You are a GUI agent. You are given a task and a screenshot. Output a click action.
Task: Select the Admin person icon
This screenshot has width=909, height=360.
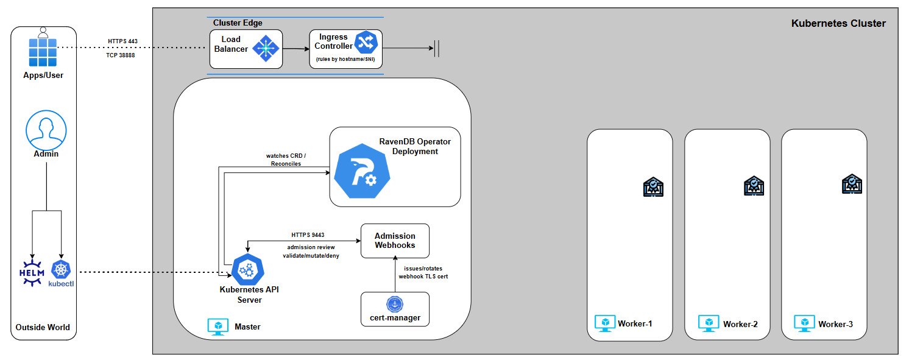(x=46, y=130)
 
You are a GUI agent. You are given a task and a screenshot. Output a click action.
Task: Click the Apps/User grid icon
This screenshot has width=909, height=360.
(x=43, y=52)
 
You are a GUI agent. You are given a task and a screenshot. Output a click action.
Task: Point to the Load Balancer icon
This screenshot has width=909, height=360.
(x=265, y=49)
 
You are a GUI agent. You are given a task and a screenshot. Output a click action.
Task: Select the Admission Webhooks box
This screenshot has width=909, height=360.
(x=395, y=241)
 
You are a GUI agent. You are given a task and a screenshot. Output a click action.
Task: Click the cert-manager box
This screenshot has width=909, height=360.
(x=395, y=309)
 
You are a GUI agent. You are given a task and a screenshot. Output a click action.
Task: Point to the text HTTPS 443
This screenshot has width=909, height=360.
(x=122, y=41)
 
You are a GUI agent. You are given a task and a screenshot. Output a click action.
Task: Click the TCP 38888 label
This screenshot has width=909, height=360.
(x=121, y=55)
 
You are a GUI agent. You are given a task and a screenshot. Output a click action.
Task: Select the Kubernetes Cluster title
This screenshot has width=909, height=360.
(x=838, y=24)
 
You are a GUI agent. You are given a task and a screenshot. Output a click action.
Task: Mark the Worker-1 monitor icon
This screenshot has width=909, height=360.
(x=604, y=323)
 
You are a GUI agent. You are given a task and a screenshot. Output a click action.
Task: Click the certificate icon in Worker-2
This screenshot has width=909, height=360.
(x=753, y=186)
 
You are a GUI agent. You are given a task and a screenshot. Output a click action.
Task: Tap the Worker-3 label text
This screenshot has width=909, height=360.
(x=835, y=324)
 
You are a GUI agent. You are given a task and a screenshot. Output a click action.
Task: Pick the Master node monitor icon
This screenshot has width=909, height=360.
(x=218, y=326)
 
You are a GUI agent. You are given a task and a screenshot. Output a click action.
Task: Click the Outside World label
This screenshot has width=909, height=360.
(x=43, y=327)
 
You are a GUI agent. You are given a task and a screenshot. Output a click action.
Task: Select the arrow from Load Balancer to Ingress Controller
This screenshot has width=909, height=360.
(x=295, y=49)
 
